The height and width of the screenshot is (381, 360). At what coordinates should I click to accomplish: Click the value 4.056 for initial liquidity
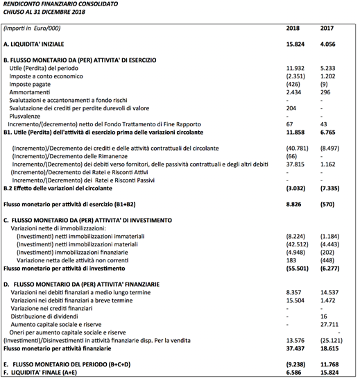329,44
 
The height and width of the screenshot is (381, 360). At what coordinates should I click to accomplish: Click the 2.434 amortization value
294,92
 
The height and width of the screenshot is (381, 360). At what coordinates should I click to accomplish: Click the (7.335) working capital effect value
331,187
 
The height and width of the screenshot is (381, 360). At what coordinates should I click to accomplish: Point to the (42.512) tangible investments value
297,244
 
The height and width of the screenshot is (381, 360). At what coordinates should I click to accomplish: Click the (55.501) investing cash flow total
297,267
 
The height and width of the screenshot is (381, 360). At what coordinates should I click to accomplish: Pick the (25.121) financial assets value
331,339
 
